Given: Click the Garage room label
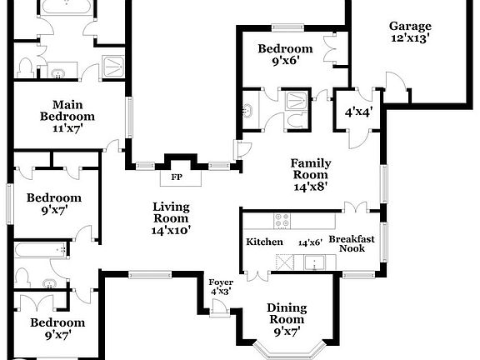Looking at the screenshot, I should tap(410, 26).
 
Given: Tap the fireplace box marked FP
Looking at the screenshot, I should tap(177, 177).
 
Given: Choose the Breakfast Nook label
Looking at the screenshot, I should tap(352, 244).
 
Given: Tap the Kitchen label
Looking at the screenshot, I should tap(264, 242).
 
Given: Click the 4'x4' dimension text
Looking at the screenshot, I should tap(357, 110).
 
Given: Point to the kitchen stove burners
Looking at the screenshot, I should tap(282, 222).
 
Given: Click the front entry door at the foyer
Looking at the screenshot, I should tap(220, 308).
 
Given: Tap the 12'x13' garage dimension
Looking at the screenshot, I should tap(410, 39).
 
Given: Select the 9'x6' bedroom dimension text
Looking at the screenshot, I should tap(284, 61).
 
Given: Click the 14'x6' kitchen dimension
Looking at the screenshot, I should tap(310, 242).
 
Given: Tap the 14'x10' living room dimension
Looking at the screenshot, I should tap(172, 231).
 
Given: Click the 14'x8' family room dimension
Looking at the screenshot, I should tap(309, 187).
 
